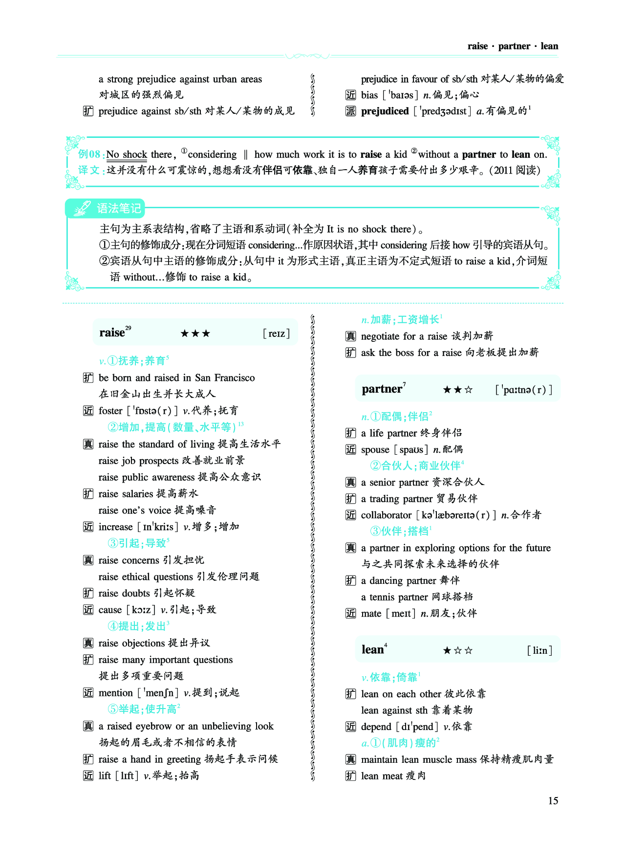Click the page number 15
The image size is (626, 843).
[x=553, y=800]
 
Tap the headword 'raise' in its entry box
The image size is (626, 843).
[x=112, y=333]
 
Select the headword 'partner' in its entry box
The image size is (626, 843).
[x=382, y=389]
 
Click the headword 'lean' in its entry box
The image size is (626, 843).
[x=372, y=649]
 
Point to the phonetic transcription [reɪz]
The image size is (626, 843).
[x=276, y=333]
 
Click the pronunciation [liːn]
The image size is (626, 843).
[x=540, y=650]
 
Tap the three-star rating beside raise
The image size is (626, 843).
[x=195, y=333]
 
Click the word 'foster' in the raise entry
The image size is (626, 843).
[x=110, y=411]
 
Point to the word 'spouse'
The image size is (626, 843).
[x=375, y=449]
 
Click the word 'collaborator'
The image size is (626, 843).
[x=386, y=515]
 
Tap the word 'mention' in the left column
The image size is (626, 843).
[x=116, y=693]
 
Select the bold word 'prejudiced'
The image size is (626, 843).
[x=385, y=111]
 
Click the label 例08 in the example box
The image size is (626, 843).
[x=89, y=155]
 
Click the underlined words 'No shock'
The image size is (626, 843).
[x=127, y=155]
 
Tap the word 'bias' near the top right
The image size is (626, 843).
[x=369, y=95]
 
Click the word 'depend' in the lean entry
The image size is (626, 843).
[x=376, y=727]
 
